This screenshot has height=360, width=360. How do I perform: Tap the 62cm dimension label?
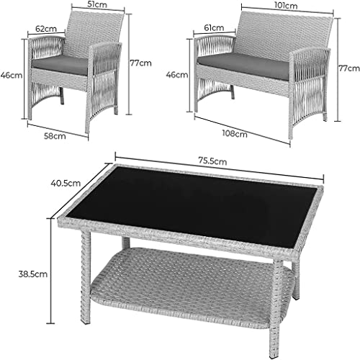48,29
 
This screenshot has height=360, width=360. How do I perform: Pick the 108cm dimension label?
235,132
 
